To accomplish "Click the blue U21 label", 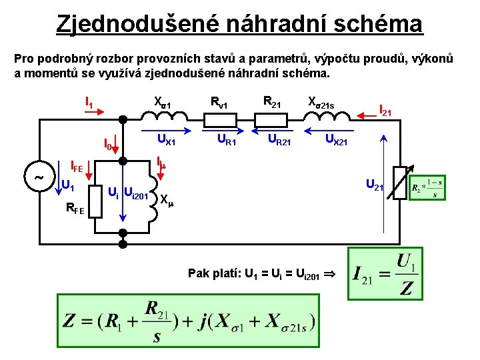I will tap(373, 185).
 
